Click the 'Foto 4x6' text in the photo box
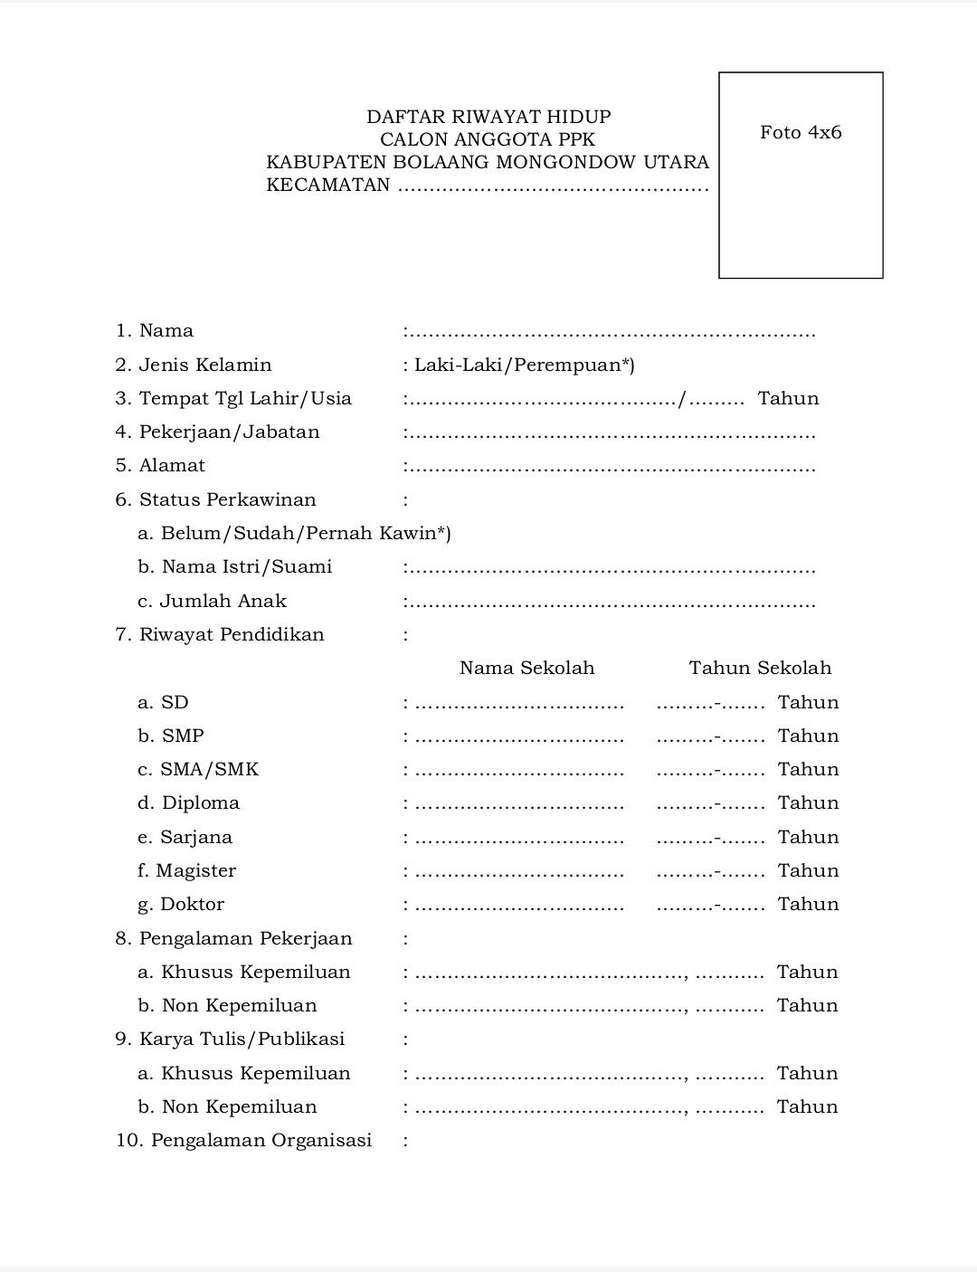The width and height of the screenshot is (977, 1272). (801, 132)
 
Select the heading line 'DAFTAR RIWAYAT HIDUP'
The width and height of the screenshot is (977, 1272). (488, 117)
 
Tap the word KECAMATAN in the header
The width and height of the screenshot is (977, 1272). (328, 185)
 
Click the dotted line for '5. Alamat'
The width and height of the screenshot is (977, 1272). (611, 469)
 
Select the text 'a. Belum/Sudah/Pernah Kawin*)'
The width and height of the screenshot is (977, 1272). (294, 533)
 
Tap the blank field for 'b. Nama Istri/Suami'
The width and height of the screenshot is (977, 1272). (611, 570)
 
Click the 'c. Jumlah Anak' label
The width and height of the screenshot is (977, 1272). (212, 601)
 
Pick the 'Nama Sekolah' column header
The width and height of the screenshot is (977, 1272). (526, 668)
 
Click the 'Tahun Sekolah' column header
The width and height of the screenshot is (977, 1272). (760, 668)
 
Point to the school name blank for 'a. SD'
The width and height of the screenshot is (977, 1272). (519, 705)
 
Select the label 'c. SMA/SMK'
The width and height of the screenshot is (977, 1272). (198, 769)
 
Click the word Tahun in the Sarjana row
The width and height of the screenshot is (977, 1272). (808, 837)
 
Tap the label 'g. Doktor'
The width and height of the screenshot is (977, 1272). (181, 904)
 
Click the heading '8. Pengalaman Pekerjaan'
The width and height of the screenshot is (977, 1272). (233, 938)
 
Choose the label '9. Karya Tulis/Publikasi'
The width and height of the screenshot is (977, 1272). (230, 1039)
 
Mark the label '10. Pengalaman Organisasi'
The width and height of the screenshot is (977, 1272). (243, 1140)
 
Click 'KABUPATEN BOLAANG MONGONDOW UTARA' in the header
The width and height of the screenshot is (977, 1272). (488, 162)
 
